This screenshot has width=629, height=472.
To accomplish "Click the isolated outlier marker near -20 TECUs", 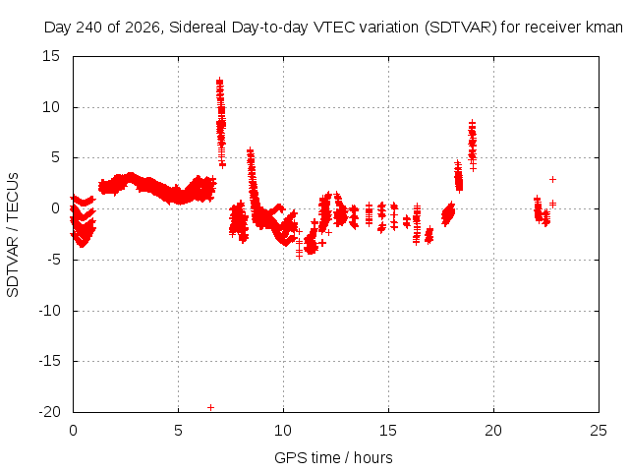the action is pyautogui.click(x=210, y=407).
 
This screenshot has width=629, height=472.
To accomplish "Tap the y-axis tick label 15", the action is pyautogui.click(x=51, y=56).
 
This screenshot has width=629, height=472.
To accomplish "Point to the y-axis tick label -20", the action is pyautogui.click(x=49, y=412).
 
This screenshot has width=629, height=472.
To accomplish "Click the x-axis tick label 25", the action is pyautogui.click(x=599, y=431).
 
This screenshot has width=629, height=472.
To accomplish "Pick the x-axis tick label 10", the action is pyautogui.click(x=283, y=431).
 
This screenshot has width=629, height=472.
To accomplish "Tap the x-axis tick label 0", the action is pyautogui.click(x=73, y=431).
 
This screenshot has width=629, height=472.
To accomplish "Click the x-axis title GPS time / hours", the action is pyautogui.click(x=333, y=458).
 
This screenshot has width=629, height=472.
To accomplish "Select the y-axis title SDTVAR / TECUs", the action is pyautogui.click(x=13, y=235).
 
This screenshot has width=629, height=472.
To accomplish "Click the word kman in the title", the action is pyautogui.click(x=604, y=28).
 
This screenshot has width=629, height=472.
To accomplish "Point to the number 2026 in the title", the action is pyautogui.click(x=143, y=28).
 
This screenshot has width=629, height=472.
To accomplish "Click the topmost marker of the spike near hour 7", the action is pyautogui.click(x=219, y=81).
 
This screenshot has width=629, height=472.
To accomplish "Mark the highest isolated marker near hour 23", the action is pyautogui.click(x=552, y=179).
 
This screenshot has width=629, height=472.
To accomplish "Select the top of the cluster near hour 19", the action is pyautogui.click(x=473, y=122).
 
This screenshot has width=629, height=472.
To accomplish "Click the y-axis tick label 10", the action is pyautogui.click(x=51, y=107).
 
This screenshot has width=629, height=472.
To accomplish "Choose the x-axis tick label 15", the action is pyautogui.click(x=388, y=431).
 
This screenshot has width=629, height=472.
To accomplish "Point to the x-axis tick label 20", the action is pyautogui.click(x=493, y=431).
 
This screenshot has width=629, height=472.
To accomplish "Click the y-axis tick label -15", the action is pyautogui.click(x=49, y=361).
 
